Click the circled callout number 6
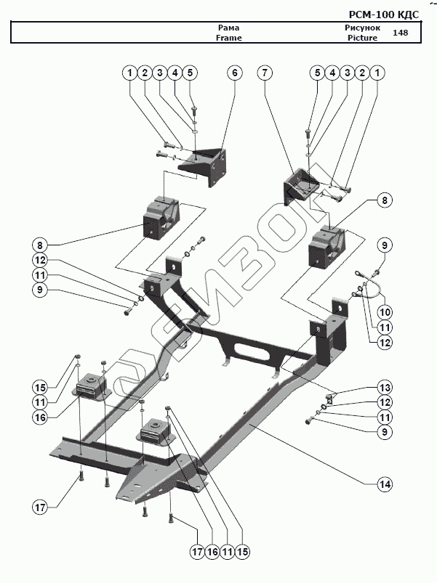point(234,73)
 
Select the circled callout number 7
point(265,73)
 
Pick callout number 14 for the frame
point(384,484)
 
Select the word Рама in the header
point(228,28)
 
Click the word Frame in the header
point(228,38)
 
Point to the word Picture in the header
point(362,38)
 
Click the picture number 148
point(400,33)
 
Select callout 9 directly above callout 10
point(384,245)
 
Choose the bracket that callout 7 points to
point(300,185)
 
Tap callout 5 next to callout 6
point(191,73)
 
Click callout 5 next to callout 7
point(316,73)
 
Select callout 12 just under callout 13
point(384,401)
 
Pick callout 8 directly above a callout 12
point(41,245)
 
